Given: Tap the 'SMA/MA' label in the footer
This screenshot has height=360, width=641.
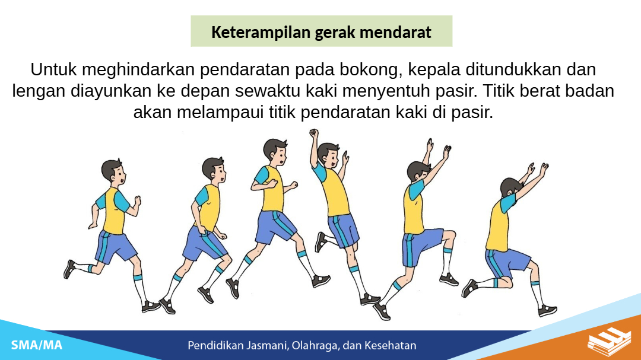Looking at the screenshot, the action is (37, 345).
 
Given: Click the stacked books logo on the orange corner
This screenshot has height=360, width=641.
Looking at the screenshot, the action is (609, 342).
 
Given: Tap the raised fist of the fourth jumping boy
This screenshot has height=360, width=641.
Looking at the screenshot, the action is (313, 133).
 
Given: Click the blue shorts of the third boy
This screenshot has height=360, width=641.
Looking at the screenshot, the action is (275, 227).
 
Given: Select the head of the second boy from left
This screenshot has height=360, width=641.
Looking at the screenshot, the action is (214, 170).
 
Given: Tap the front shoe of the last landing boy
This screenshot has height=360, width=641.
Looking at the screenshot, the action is (547, 311).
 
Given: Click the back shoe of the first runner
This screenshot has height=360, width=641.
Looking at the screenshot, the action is (69, 269).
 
